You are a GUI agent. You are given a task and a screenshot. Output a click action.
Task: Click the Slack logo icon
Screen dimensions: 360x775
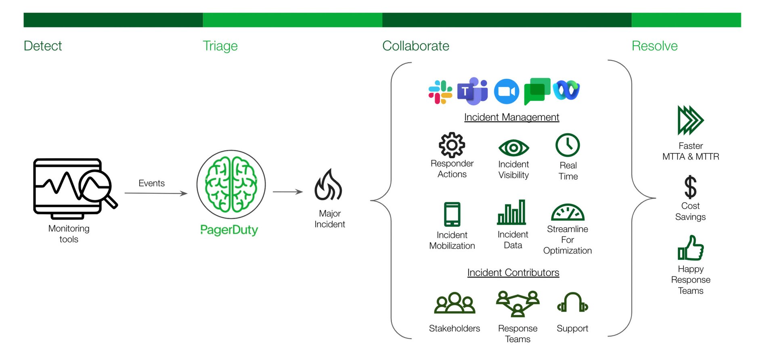coord(440,92)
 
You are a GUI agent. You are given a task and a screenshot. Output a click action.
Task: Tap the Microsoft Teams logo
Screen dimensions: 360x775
coord(472,91)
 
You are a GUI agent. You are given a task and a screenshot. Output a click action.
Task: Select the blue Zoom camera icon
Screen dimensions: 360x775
coord(507,92)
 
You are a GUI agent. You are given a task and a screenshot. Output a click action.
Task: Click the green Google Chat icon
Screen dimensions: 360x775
coord(537,91)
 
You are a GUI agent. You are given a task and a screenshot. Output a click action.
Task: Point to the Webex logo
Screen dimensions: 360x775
coord(566,90)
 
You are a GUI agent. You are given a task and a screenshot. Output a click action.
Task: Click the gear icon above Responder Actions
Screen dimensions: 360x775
coord(452,145)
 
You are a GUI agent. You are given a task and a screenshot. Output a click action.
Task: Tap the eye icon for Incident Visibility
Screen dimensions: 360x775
coord(513,148)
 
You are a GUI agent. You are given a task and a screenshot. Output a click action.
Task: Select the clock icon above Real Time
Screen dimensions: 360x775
coord(568,145)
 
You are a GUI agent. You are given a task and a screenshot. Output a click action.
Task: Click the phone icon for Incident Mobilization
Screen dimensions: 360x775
coord(452,214)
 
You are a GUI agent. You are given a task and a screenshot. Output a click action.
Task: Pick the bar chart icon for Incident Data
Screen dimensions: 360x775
coord(512,212)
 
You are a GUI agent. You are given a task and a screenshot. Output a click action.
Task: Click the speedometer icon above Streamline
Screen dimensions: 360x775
coord(568,212)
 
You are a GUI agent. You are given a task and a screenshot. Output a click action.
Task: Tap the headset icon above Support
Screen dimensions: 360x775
coord(572,303)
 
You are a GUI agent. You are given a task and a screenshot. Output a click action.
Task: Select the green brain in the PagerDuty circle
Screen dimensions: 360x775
coord(231,184)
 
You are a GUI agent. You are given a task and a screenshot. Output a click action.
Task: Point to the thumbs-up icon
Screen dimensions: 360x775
coord(691,248)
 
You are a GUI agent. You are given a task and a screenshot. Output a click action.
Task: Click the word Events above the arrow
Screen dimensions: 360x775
coord(151,183)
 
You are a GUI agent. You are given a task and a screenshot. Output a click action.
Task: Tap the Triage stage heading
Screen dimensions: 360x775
coord(220,46)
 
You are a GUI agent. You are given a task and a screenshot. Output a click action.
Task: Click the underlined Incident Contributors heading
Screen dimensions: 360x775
coord(513,273)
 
